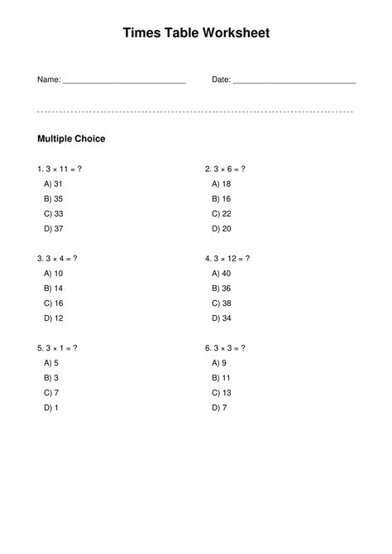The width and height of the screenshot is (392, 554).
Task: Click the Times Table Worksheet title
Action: [x=196, y=33]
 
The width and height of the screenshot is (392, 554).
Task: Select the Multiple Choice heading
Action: [x=72, y=139]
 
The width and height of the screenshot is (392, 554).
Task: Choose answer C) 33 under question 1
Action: [x=54, y=214]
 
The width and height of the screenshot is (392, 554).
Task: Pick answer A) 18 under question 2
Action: [x=221, y=184]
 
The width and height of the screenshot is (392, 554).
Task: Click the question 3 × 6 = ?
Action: [x=225, y=170]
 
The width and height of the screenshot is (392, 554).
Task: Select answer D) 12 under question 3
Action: [x=54, y=318]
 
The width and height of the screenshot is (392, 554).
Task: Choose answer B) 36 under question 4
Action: [x=221, y=289]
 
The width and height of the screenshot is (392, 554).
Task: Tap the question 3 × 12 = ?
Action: [x=227, y=259]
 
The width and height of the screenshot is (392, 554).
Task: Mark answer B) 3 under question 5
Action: [x=51, y=378]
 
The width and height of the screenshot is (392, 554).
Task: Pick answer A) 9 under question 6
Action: [x=218, y=363]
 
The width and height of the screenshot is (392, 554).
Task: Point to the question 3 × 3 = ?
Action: [x=225, y=348]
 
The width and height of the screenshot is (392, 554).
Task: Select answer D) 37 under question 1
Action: [x=54, y=229]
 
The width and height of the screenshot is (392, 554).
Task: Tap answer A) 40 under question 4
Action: [x=221, y=274]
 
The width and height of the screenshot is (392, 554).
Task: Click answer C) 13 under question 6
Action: [x=221, y=393]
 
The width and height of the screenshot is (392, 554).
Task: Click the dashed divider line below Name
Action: [x=196, y=111]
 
